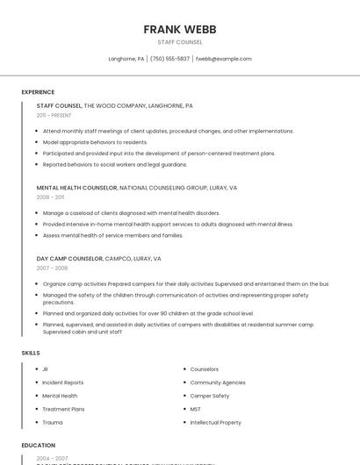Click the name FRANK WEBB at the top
(179, 29)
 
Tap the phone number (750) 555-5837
(169, 59)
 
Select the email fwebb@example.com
(223, 59)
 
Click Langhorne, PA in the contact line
(126, 59)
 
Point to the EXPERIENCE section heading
(38, 92)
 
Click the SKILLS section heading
(31, 353)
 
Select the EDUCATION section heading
(39, 446)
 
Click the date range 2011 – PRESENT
(54, 115)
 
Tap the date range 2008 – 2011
(50, 197)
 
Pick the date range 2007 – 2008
(52, 268)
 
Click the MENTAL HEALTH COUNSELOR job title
(76, 188)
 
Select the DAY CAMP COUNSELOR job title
(69, 259)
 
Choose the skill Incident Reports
(63, 383)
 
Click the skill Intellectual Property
(215, 422)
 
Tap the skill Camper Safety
(210, 396)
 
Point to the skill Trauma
(52, 422)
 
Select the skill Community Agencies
(218, 383)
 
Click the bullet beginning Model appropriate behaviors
(95, 142)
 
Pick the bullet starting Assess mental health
(112, 235)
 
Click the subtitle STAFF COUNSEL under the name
(179, 42)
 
